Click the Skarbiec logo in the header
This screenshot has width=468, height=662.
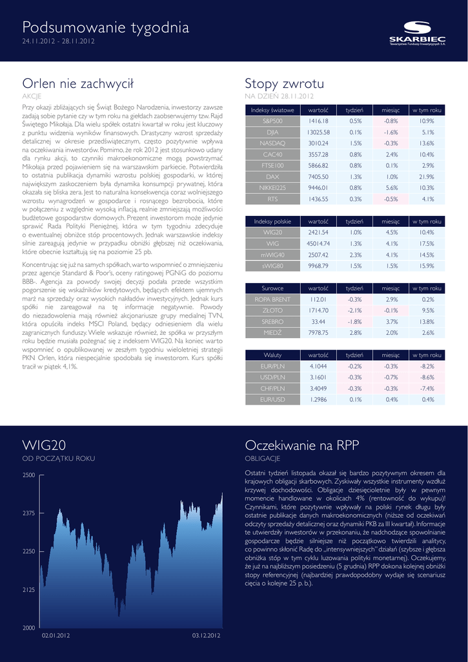pos(417,32)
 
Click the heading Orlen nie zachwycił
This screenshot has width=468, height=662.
pos(77,83)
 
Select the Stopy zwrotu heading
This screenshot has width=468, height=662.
pos(284,83)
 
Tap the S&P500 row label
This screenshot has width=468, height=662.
pos(272,121)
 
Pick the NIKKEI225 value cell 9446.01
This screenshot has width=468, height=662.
pos(318,187)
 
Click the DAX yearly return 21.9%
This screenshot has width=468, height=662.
pos(427,176)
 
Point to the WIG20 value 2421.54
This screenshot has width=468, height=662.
pos(318,232)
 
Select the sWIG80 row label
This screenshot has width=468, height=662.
pos(272,266)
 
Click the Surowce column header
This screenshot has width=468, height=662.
pos(272,288)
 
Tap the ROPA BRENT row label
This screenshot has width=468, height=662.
pos(272,299)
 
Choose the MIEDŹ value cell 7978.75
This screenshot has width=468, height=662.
pos(318,333)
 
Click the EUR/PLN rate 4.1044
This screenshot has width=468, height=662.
pos(318,367)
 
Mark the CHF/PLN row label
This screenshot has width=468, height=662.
pos(272,389)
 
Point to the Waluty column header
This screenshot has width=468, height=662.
pos(272,356)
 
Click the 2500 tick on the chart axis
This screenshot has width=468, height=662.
pos(28,475)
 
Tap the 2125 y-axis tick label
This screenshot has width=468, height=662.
pos(28,590)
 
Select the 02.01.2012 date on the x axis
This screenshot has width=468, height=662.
pos(56,636)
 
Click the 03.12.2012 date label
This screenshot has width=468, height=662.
pos(207,636)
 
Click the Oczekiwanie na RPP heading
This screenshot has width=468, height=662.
pos(301,445)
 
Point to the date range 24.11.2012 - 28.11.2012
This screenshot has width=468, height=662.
pos(59,42)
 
